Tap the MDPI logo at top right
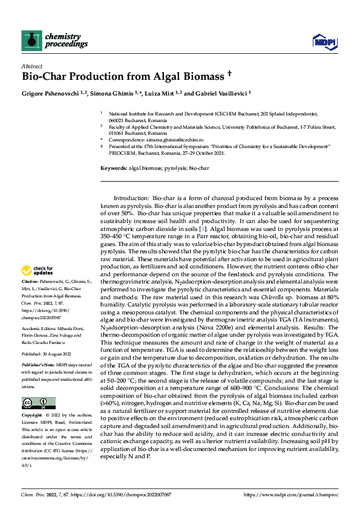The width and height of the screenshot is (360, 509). (x=321, y=41)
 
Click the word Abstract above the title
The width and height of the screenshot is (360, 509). (x=31, y=66)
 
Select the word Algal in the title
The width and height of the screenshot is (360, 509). (x=157, y=77)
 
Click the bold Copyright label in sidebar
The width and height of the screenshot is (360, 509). (x=33, y=416)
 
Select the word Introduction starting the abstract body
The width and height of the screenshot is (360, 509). (x=131, y=198)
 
